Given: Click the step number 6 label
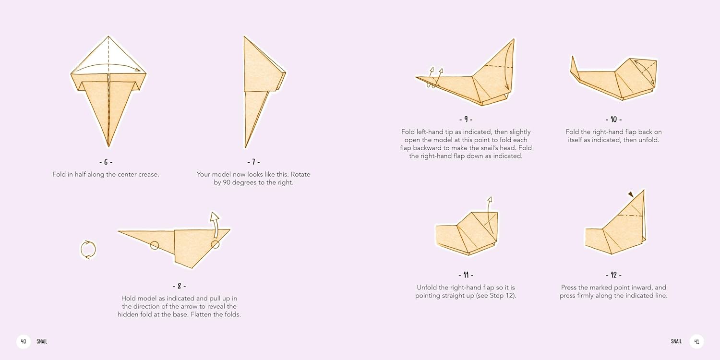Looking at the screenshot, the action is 106,162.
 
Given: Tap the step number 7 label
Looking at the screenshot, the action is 253,162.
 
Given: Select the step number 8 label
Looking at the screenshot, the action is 179,286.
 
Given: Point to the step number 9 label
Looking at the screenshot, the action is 466,120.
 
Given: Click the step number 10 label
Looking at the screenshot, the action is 613,120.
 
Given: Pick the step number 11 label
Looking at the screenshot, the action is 466,275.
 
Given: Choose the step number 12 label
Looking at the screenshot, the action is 613,275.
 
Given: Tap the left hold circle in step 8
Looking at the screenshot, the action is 155,246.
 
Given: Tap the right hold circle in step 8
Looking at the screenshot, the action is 216,245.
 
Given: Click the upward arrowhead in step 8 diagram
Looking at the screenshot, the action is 215,216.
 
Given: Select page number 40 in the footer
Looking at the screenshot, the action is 24,341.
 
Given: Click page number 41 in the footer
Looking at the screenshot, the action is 696,341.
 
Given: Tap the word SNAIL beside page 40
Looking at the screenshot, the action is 42,341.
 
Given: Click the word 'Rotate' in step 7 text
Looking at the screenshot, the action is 300,174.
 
